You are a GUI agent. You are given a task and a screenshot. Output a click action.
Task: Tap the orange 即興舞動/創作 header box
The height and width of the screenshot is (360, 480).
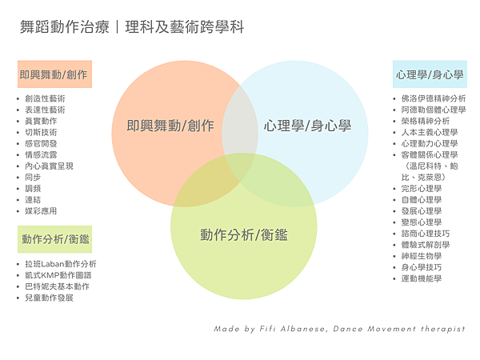54,74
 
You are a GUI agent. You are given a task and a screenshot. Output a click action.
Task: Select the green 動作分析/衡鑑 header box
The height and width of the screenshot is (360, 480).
54,238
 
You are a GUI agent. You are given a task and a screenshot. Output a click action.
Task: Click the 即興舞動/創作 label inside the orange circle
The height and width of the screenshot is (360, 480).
170,126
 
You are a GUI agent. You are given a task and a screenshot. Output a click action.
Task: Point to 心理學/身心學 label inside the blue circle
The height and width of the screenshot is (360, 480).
308,126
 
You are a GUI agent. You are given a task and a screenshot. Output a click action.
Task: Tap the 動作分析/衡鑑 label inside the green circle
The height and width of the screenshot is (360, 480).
244,235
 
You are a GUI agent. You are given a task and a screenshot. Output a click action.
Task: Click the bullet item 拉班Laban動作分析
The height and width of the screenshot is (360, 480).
60,264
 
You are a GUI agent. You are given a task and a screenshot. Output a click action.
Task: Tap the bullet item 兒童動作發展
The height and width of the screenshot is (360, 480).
50,298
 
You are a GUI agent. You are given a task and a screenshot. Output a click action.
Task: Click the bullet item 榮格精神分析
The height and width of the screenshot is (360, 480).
426,122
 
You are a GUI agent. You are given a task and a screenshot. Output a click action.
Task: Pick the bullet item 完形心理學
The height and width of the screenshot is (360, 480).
421,189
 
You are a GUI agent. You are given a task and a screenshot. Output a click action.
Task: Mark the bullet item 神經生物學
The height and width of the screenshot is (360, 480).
421,256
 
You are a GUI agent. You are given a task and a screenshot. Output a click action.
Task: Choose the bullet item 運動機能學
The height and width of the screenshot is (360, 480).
421,278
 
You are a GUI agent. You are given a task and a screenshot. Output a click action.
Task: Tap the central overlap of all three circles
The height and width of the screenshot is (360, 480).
239,164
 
